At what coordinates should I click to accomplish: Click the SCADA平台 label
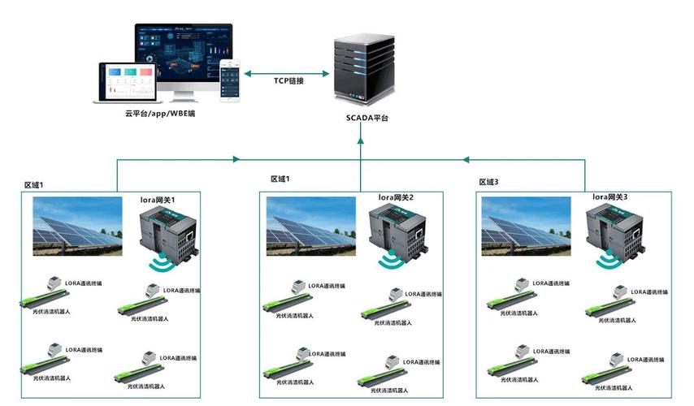click(362, 119)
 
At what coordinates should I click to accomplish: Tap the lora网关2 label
click(396, 197)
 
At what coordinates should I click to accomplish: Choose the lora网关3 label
click(610, 197)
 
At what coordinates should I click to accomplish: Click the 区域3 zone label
click(488, 182)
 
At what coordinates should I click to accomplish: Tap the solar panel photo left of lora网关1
click(77, 223)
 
